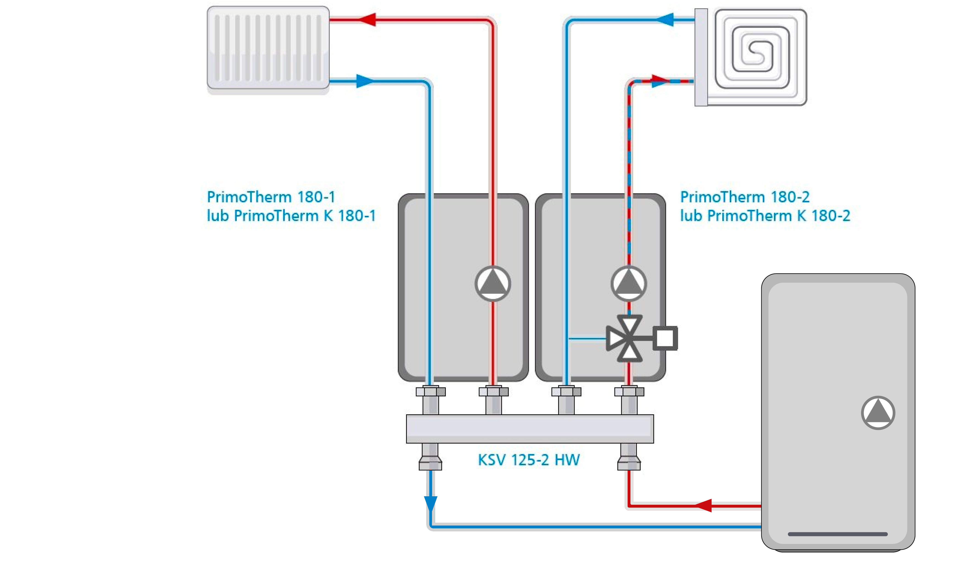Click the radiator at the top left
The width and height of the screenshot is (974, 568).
pos(268,48)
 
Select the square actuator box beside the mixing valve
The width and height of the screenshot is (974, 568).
pos(665,339)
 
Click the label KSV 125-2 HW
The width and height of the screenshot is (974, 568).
pos(528,460)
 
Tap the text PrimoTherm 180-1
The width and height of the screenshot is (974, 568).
pos(271,197)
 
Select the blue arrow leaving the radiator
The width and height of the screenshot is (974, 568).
pos(364,81)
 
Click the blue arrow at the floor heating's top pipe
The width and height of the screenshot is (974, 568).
pos(665,19)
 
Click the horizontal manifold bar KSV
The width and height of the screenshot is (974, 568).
pos(530,429)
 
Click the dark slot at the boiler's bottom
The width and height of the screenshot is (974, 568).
pos(837,534)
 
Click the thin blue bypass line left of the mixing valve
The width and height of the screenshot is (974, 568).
pos(587,339)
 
